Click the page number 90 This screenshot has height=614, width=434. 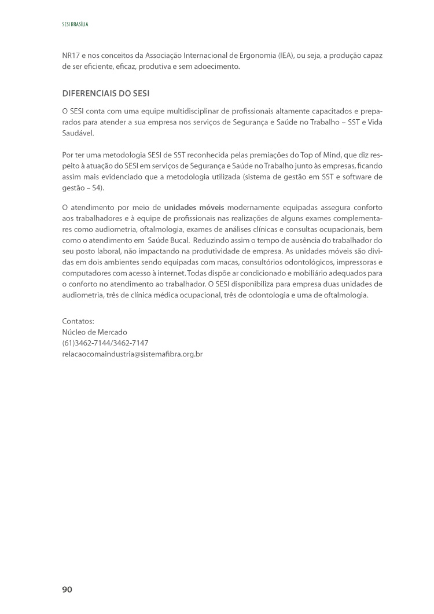[x=67, y=589]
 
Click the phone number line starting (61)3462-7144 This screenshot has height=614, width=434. [x=105, y=343]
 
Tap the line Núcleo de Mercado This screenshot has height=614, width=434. [x=94, y=332]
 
